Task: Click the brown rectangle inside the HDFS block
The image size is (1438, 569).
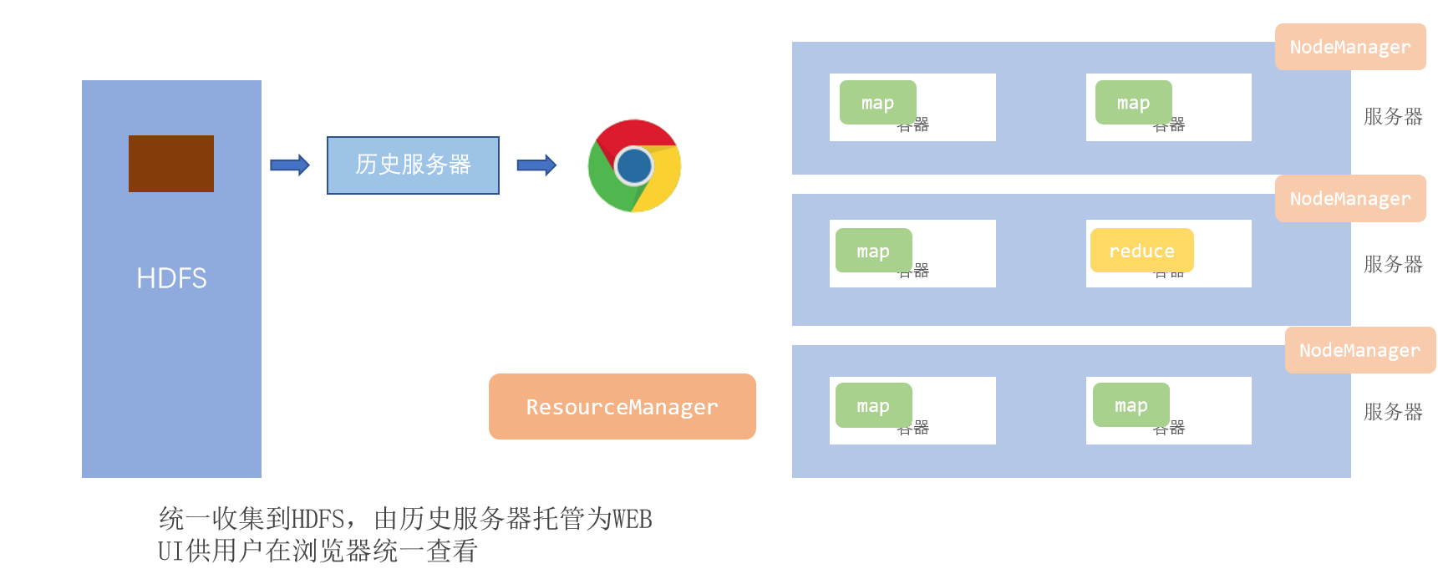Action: (171, 164)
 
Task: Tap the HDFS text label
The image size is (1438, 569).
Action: (171, 278)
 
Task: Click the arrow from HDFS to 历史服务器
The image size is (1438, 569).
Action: (290, 165)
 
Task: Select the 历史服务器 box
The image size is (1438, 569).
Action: (413, 165)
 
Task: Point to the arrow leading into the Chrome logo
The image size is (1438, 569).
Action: (536, 165)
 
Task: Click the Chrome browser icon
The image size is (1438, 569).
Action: (634, 165)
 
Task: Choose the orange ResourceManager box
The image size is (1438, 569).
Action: (622, 407)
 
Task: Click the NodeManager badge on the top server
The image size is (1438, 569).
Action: (1349, 47)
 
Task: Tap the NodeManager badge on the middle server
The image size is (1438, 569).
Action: (1349, 199)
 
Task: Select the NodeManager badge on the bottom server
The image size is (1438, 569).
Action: (1359, 351)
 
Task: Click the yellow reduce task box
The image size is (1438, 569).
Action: (1141, 251)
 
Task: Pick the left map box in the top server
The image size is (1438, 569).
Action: (877, 103)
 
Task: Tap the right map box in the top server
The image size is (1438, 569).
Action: (1133, 103)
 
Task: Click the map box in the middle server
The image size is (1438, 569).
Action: (873, 251)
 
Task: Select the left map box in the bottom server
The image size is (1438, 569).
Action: (873, 405)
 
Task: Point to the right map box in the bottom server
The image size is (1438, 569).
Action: (1131, 405)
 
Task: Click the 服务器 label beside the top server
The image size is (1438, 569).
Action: (1392, 116)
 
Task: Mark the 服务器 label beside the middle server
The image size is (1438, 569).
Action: (1392, 264)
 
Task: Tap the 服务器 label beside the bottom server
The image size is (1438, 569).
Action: (1392, 412)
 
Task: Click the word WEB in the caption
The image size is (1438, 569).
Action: (632, 519)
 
